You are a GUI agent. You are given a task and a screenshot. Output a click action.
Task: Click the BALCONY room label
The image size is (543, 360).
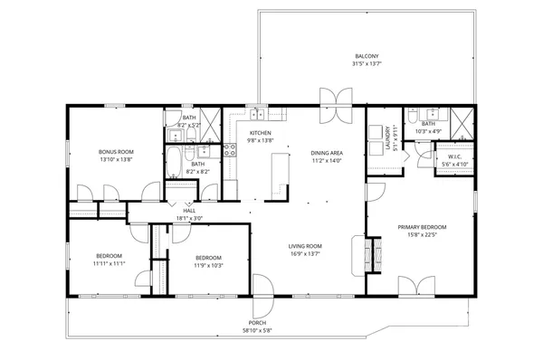pos(367,55)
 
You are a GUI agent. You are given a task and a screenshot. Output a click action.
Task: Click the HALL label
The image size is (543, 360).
pos(189,211)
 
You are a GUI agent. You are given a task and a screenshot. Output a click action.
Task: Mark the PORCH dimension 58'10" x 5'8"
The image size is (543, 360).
pos(258,331)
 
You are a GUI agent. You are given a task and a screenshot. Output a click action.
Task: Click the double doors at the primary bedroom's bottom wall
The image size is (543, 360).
pos(409,288)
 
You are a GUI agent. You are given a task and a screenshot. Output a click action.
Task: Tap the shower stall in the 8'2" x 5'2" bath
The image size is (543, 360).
pos(210,119)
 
